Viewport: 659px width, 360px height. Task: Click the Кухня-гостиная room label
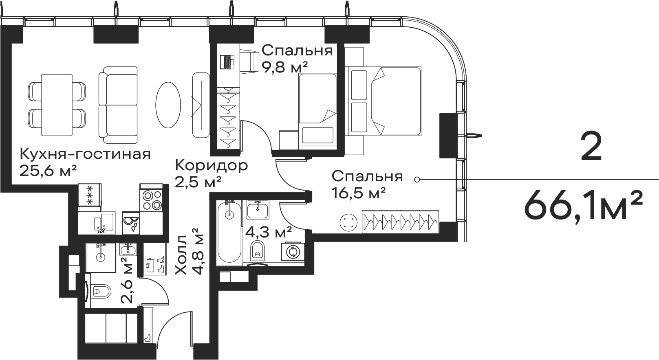(x=85, y=154)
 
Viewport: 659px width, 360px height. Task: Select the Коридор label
(x=211, y=165)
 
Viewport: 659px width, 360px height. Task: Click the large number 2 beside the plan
(x=591, y=147)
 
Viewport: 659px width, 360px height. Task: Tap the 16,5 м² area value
(x=359, y=192)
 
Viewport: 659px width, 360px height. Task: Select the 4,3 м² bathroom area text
(x=269, y=233)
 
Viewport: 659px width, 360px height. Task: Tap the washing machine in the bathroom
(x=293, y=251)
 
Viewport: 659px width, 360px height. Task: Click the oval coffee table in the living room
(x=168, y=105)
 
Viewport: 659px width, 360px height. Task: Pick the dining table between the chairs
(x=57, y=105)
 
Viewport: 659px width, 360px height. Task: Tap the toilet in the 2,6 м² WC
(x=100, y=291)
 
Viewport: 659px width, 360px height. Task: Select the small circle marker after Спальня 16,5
(x=417, y=179)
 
